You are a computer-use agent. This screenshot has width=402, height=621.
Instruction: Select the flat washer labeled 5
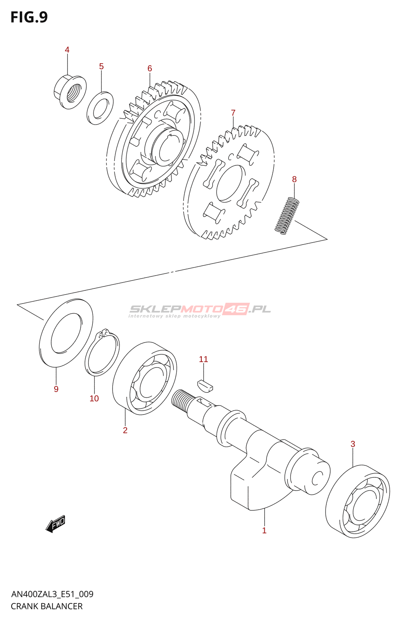coord(100,108)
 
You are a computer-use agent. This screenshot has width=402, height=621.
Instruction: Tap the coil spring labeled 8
coord(287,216)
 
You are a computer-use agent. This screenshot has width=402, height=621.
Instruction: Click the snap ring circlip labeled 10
coord(102,353)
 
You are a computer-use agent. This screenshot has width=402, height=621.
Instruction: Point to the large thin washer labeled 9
coord(66,333)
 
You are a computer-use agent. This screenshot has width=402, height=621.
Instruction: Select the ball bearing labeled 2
coord(144,378)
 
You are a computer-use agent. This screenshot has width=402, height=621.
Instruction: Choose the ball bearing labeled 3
coord(357,501)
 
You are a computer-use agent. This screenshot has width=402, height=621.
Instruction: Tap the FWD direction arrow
coord(55,524)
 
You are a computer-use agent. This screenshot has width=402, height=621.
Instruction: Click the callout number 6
coord(150,69)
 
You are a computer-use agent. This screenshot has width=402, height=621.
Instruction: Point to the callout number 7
coord(233,113)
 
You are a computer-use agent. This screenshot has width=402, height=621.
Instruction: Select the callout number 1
coord(264,531)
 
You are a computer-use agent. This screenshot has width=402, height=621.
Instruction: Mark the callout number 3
coord(353,444)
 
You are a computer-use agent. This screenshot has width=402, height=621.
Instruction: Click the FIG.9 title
coord(29,17)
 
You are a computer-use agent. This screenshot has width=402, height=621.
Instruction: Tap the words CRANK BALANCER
coord(47,606)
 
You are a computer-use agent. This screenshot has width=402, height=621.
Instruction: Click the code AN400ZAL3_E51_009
coord(52,594)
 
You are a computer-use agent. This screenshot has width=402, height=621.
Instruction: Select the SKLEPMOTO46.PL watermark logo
coord(200,310)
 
